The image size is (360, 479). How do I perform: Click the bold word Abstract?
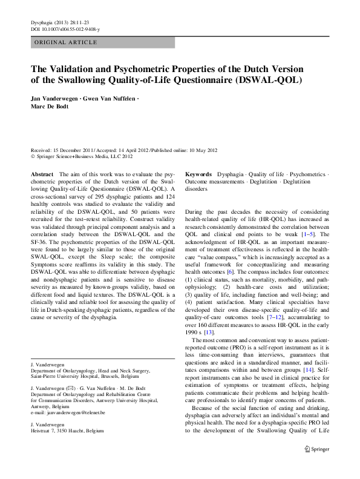click(x=42, y=173)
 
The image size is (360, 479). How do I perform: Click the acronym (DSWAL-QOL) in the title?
click(x=266, y=79)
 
